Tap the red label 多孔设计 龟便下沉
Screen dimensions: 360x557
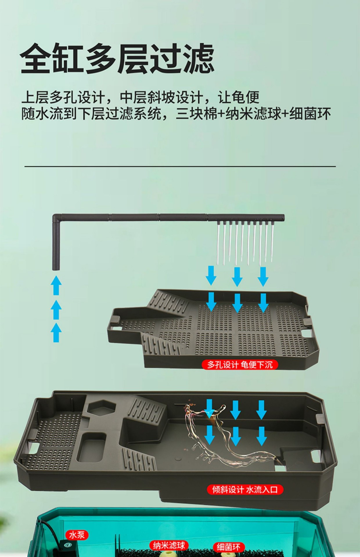point(240,365)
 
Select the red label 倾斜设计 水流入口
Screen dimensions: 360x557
point(245,490)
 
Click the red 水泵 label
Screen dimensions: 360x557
point(77,535)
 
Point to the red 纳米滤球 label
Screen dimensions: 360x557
point(169,545)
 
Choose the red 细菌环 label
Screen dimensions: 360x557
point(228,547)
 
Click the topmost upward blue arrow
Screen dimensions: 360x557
point(56,285)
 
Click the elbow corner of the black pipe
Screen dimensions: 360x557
point(56,217)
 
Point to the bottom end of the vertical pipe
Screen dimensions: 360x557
point(56,268)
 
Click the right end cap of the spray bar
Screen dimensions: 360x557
point(282,218)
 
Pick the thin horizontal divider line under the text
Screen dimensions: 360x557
point(180,167)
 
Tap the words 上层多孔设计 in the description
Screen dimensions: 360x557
point(63,97)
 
